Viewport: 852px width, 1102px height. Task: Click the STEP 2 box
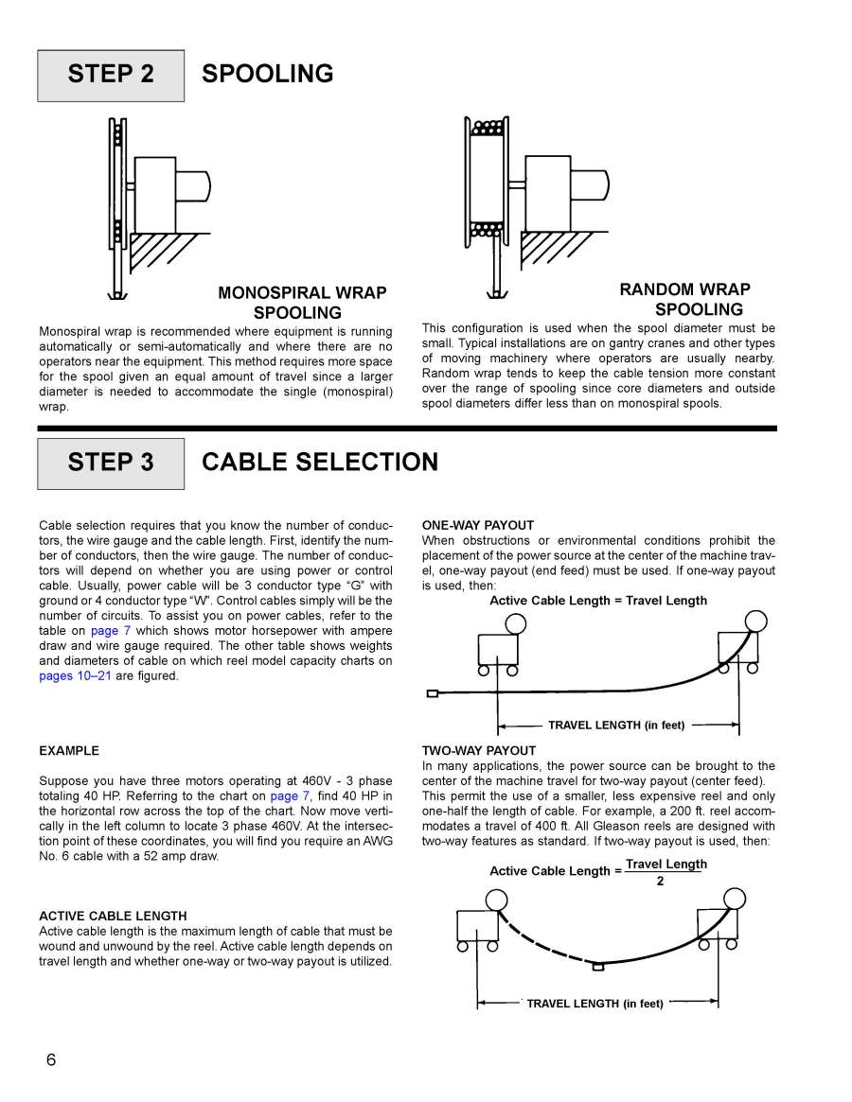tap(111, 75)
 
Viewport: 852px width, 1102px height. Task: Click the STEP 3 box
tap(111, 463)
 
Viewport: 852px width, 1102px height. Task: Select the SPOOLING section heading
tap(268, 74)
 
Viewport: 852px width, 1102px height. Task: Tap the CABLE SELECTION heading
tap(320, 463)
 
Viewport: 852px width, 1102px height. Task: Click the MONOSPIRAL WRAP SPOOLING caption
tap(301, 303)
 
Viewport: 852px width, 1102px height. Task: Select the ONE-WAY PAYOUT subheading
tap(477, 525)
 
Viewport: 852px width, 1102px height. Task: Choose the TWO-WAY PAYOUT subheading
tap(478, 751)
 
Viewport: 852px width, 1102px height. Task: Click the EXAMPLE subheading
tap(69, 751)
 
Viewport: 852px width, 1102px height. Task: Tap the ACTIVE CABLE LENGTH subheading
tap(113, 916)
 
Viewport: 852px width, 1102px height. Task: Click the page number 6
tap(51, 1059)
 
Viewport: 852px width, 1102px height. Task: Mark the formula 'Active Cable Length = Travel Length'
tap(597, 601)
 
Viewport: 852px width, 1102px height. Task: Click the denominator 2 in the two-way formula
tap(660, 882)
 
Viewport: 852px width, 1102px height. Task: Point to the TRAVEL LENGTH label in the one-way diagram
tap(615, 726)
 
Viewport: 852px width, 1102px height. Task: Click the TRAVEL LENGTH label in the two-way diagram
tap(595, 1004)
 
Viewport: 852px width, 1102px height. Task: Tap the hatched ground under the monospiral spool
tap(161, 248)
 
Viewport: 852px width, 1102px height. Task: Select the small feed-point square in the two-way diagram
tap(597, 966)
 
